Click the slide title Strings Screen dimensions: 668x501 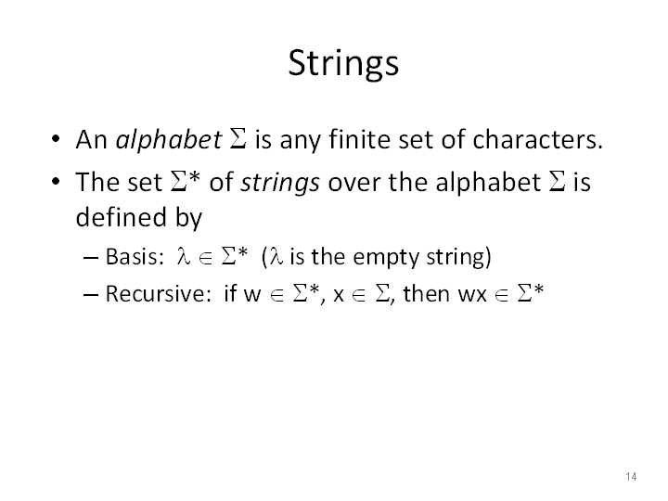click(x=343, y=63)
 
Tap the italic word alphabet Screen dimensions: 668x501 click(x=169, y=140)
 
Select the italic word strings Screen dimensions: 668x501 click(x=280, y=183)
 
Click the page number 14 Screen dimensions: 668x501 click(x=631, y=476)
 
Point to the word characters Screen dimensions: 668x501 click(x=537, y=140)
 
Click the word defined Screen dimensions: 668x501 click(x=121, y=217)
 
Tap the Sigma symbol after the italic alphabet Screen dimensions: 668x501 click(x=238, y=140)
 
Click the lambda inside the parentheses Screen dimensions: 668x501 click(x=276, y=257)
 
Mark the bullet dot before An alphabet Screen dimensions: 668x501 click(x=56, y=139)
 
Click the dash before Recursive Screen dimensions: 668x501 click(x=91, y=295)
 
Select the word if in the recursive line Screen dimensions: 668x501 click(x=230, y=293)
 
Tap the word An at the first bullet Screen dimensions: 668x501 click(x=91, y=140)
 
